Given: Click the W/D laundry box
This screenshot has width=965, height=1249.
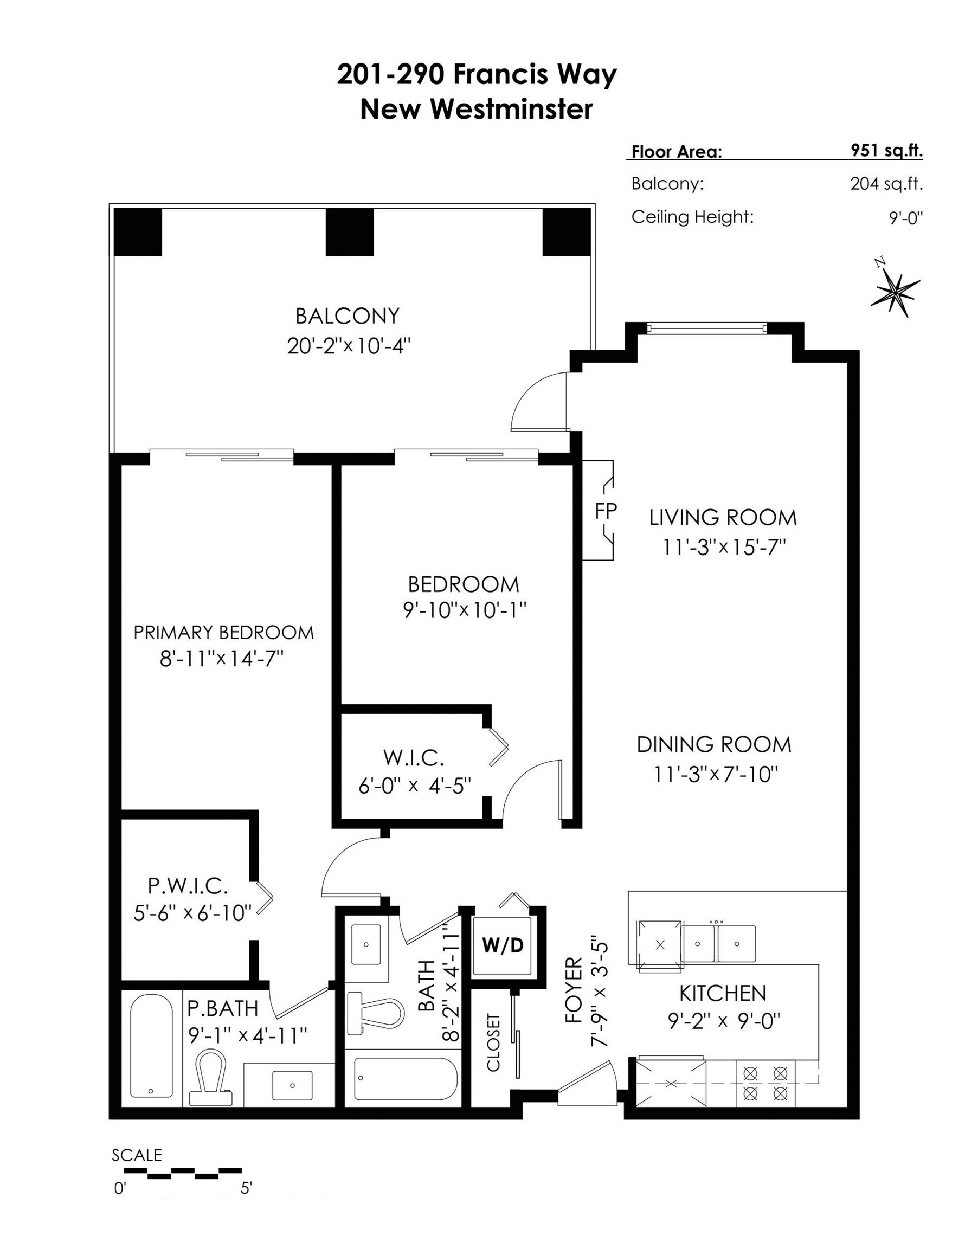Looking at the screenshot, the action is (x=503, y=946).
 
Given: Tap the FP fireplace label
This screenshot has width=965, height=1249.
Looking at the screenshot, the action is (x=606, y=511).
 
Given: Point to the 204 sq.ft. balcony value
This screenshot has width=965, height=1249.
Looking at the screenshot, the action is (x=886, y=184).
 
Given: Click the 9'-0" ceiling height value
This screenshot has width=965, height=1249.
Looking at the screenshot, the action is (x=906, y=217).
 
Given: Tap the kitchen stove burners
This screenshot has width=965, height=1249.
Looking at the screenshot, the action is (x=765, y=1084).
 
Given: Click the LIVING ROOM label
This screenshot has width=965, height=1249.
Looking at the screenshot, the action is (x=723, y=518).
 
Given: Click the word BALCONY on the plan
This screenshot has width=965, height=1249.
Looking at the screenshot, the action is (x=347, y=316).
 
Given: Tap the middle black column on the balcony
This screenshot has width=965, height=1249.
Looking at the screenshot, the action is (x=350, y=232).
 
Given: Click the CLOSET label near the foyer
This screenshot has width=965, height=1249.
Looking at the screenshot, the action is (x=493, y=1042).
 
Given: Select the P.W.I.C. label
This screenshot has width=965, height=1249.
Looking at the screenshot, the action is (x=188, y=886).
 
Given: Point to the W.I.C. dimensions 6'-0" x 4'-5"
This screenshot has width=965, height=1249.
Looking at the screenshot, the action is (x=415, y=786).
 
